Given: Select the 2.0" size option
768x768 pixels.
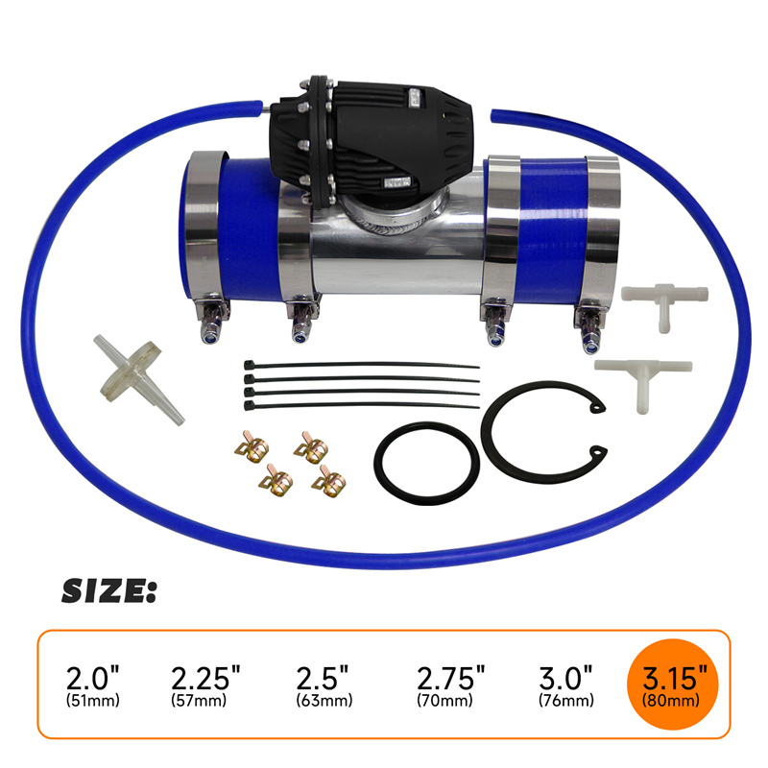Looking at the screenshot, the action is [x=93, y=684].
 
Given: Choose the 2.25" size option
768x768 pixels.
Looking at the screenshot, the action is [x=205, y=684].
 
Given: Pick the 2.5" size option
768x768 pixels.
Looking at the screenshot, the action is [x=324, y=684].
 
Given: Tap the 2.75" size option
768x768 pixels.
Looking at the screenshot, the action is [x=450, y=684].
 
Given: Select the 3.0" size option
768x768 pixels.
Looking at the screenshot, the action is [x=566, y=684].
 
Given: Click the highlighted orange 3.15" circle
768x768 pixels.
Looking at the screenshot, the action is [x=673, y=684].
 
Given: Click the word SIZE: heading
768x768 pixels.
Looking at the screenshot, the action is [x=108, y=591].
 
